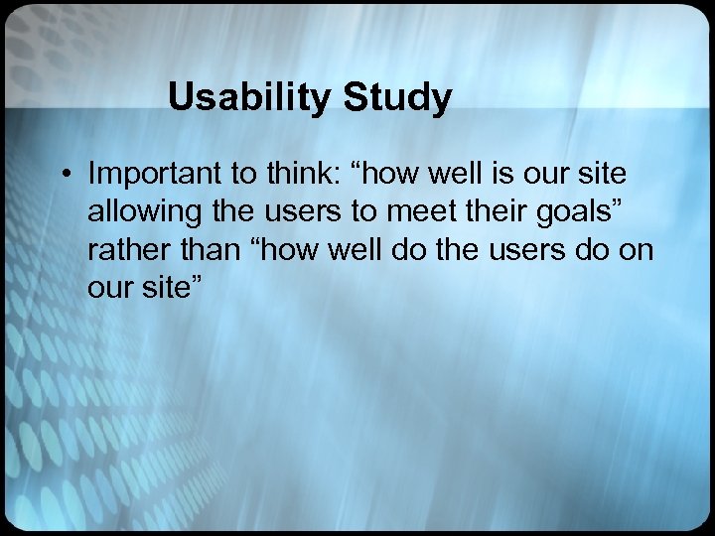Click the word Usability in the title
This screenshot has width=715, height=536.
pos(250,97)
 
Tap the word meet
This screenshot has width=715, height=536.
pos(413,211)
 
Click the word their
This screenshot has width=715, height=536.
pos(481,211)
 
